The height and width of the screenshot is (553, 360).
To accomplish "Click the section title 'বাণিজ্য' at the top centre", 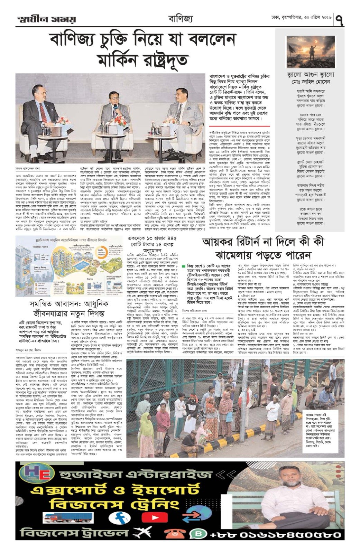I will click(180, 18).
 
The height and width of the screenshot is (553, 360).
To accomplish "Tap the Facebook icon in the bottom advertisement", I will click(120, 517).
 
